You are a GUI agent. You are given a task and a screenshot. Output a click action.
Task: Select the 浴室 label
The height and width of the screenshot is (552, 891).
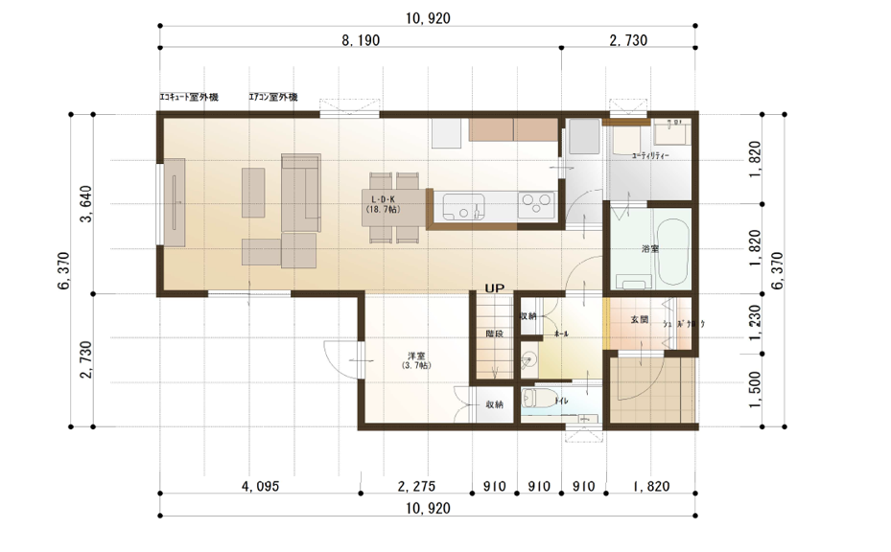650,249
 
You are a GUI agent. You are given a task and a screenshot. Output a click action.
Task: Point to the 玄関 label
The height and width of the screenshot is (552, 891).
640,319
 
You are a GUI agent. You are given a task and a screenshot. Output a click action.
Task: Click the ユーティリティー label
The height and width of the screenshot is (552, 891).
650,155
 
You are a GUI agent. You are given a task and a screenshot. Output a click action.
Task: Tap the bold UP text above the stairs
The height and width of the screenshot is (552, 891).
495,287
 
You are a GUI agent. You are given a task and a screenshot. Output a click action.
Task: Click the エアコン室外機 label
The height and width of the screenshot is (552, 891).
273,98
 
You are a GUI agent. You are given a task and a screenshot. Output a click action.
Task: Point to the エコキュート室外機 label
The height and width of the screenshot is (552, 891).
189,98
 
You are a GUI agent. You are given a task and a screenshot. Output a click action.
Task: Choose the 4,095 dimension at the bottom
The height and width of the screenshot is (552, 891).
260,487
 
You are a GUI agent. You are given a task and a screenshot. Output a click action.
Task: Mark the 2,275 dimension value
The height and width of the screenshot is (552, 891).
416,487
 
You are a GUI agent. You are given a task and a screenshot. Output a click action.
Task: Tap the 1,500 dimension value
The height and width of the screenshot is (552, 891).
756,389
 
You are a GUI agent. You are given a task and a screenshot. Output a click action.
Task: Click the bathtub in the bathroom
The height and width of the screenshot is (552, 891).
670,250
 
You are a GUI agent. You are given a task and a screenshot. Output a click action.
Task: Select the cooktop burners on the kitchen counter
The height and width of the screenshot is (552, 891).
535,205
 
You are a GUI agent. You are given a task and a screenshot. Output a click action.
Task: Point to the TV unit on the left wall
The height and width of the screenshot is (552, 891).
176,203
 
